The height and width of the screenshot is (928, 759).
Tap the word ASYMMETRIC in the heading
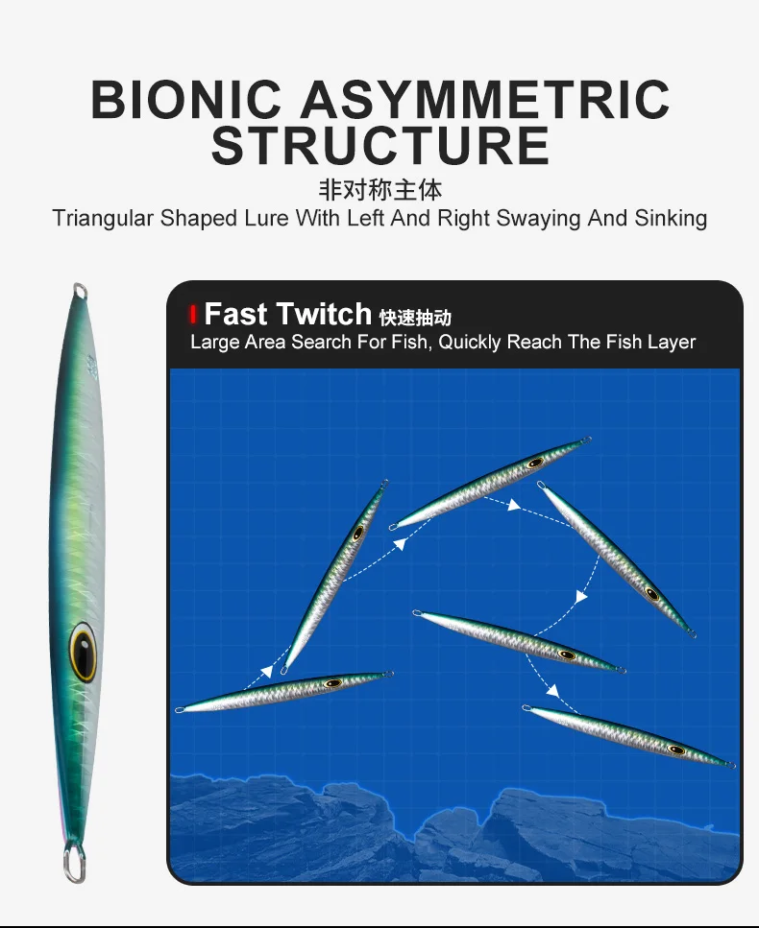485,99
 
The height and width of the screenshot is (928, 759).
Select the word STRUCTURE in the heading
380,145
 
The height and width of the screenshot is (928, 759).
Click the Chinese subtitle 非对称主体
380,190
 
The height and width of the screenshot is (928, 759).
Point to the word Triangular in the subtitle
103,219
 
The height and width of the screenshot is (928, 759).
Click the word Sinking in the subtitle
671,219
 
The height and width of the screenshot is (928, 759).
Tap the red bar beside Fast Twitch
192,314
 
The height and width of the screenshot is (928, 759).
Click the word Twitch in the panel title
324,314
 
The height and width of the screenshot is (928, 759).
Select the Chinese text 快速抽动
415,318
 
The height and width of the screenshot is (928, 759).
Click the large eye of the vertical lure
83,651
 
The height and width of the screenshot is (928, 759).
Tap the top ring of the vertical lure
80,291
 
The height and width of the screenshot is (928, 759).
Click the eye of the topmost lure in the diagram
535,463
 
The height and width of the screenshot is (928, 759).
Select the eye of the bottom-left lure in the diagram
333,683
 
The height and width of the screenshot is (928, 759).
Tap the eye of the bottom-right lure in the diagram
676,750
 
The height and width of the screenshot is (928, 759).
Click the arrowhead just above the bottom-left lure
267,671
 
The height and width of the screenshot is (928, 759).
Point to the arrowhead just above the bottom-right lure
552,690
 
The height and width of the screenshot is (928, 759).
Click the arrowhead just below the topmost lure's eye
514,505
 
